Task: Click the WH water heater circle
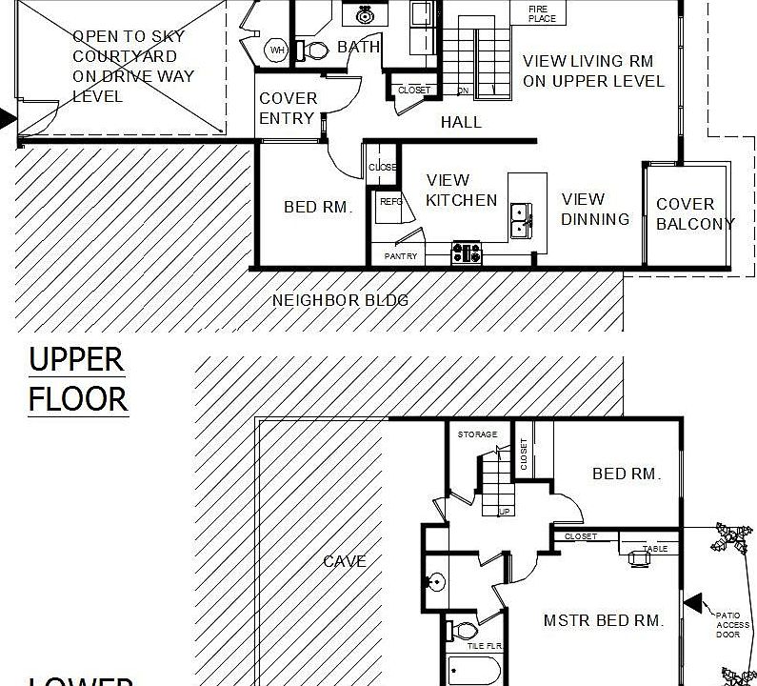(x=277, y=50)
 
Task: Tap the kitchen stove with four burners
(x=467, y=253)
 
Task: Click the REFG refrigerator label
(x=391, y=201)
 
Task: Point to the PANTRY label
(x=401, y=257)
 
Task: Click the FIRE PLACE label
(x=542, y=13)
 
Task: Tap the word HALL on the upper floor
(x=461, y=122)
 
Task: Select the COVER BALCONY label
(x=694, y=214)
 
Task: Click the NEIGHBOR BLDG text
(x=340, y=300)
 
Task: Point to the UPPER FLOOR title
(x=77, y=379)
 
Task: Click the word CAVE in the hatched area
(x=345, y=561)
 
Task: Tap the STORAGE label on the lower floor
(x=477, y=434)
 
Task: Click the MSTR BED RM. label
(x=603, y=620)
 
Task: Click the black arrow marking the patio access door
(x=694, y=603)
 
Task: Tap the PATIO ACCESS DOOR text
(x=732, y=624)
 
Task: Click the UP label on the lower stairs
(x=505, y=512)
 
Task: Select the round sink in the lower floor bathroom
(x=436, y=582)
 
